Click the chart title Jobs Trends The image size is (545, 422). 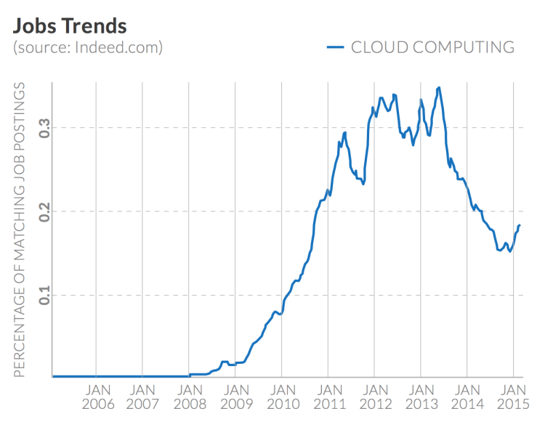click(70, 26)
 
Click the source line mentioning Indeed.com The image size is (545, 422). click(87, 49)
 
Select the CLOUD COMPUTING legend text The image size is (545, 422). click(432, 47)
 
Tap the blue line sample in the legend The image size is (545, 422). click(335, 47)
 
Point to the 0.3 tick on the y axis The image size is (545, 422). click(43, 128)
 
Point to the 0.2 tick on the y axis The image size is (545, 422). click(43, 211)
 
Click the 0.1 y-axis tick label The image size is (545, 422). click(43, 295)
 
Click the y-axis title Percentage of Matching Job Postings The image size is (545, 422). click(20, 230)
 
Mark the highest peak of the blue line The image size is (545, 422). click(439, 88)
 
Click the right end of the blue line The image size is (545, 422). click(520, 225)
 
